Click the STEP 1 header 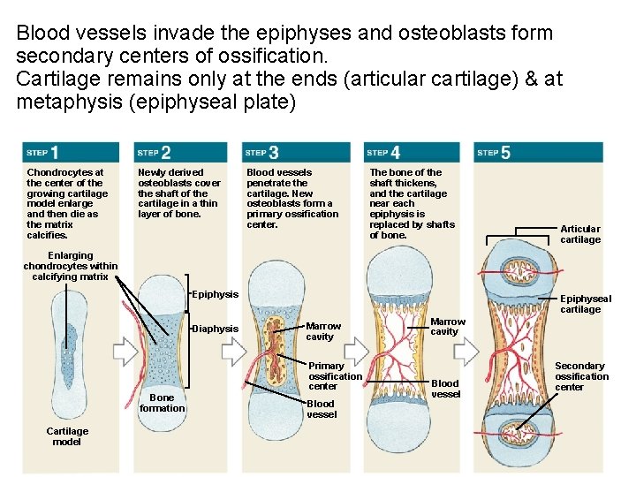(42, 153)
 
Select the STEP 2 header (154, 153)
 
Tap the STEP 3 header (262, 153)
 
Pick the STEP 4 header (383, 153)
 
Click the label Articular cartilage (580, 234)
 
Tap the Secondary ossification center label (581, 375)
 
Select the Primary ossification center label (335, 375)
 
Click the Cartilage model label (67, 435)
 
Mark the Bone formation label (163, 402)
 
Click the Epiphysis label (216, 294)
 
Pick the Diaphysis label (216, 329)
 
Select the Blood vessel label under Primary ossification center (322, 409)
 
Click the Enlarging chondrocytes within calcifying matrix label (70, 266)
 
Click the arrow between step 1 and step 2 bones (125, 352)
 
